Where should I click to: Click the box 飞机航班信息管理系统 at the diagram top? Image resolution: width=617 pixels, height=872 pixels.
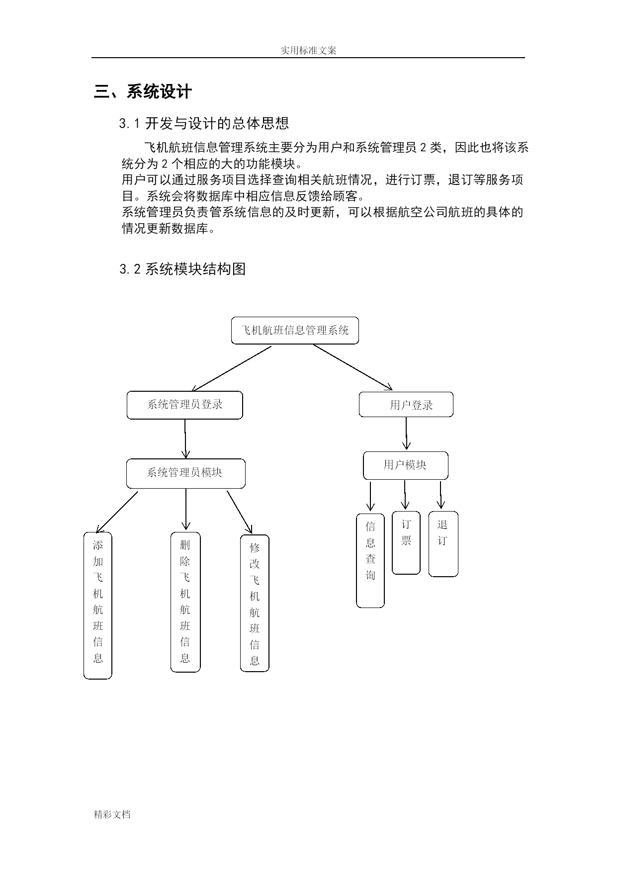295,330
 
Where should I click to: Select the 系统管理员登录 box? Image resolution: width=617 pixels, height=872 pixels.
185,405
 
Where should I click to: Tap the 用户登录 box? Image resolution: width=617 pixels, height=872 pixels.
406,404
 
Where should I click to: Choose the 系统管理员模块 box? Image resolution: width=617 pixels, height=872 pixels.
186,473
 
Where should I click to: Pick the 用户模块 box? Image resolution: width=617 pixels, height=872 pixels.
406,465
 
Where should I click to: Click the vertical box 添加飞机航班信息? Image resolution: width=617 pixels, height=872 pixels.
98,606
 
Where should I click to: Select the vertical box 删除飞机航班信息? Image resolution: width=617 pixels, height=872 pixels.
185,602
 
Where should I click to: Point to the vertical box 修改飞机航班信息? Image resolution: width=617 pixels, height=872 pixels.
255,604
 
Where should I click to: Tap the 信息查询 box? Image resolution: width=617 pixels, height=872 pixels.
370,560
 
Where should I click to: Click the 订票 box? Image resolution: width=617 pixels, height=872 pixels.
406,543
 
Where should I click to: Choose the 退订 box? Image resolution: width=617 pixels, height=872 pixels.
443,544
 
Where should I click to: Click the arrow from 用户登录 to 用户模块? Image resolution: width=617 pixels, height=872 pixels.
406,434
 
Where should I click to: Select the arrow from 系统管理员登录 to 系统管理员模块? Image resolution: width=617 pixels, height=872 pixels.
185,438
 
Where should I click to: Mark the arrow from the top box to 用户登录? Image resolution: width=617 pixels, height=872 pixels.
353,367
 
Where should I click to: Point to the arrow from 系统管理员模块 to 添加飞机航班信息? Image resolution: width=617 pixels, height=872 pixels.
116,512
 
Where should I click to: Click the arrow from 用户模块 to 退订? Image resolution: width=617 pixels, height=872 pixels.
441,495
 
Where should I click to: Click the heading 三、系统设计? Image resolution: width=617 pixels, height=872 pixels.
143,91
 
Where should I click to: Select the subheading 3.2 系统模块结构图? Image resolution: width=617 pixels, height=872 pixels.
182,269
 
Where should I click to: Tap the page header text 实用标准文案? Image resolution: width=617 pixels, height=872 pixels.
308,50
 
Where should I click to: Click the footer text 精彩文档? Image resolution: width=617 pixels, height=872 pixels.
112,814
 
